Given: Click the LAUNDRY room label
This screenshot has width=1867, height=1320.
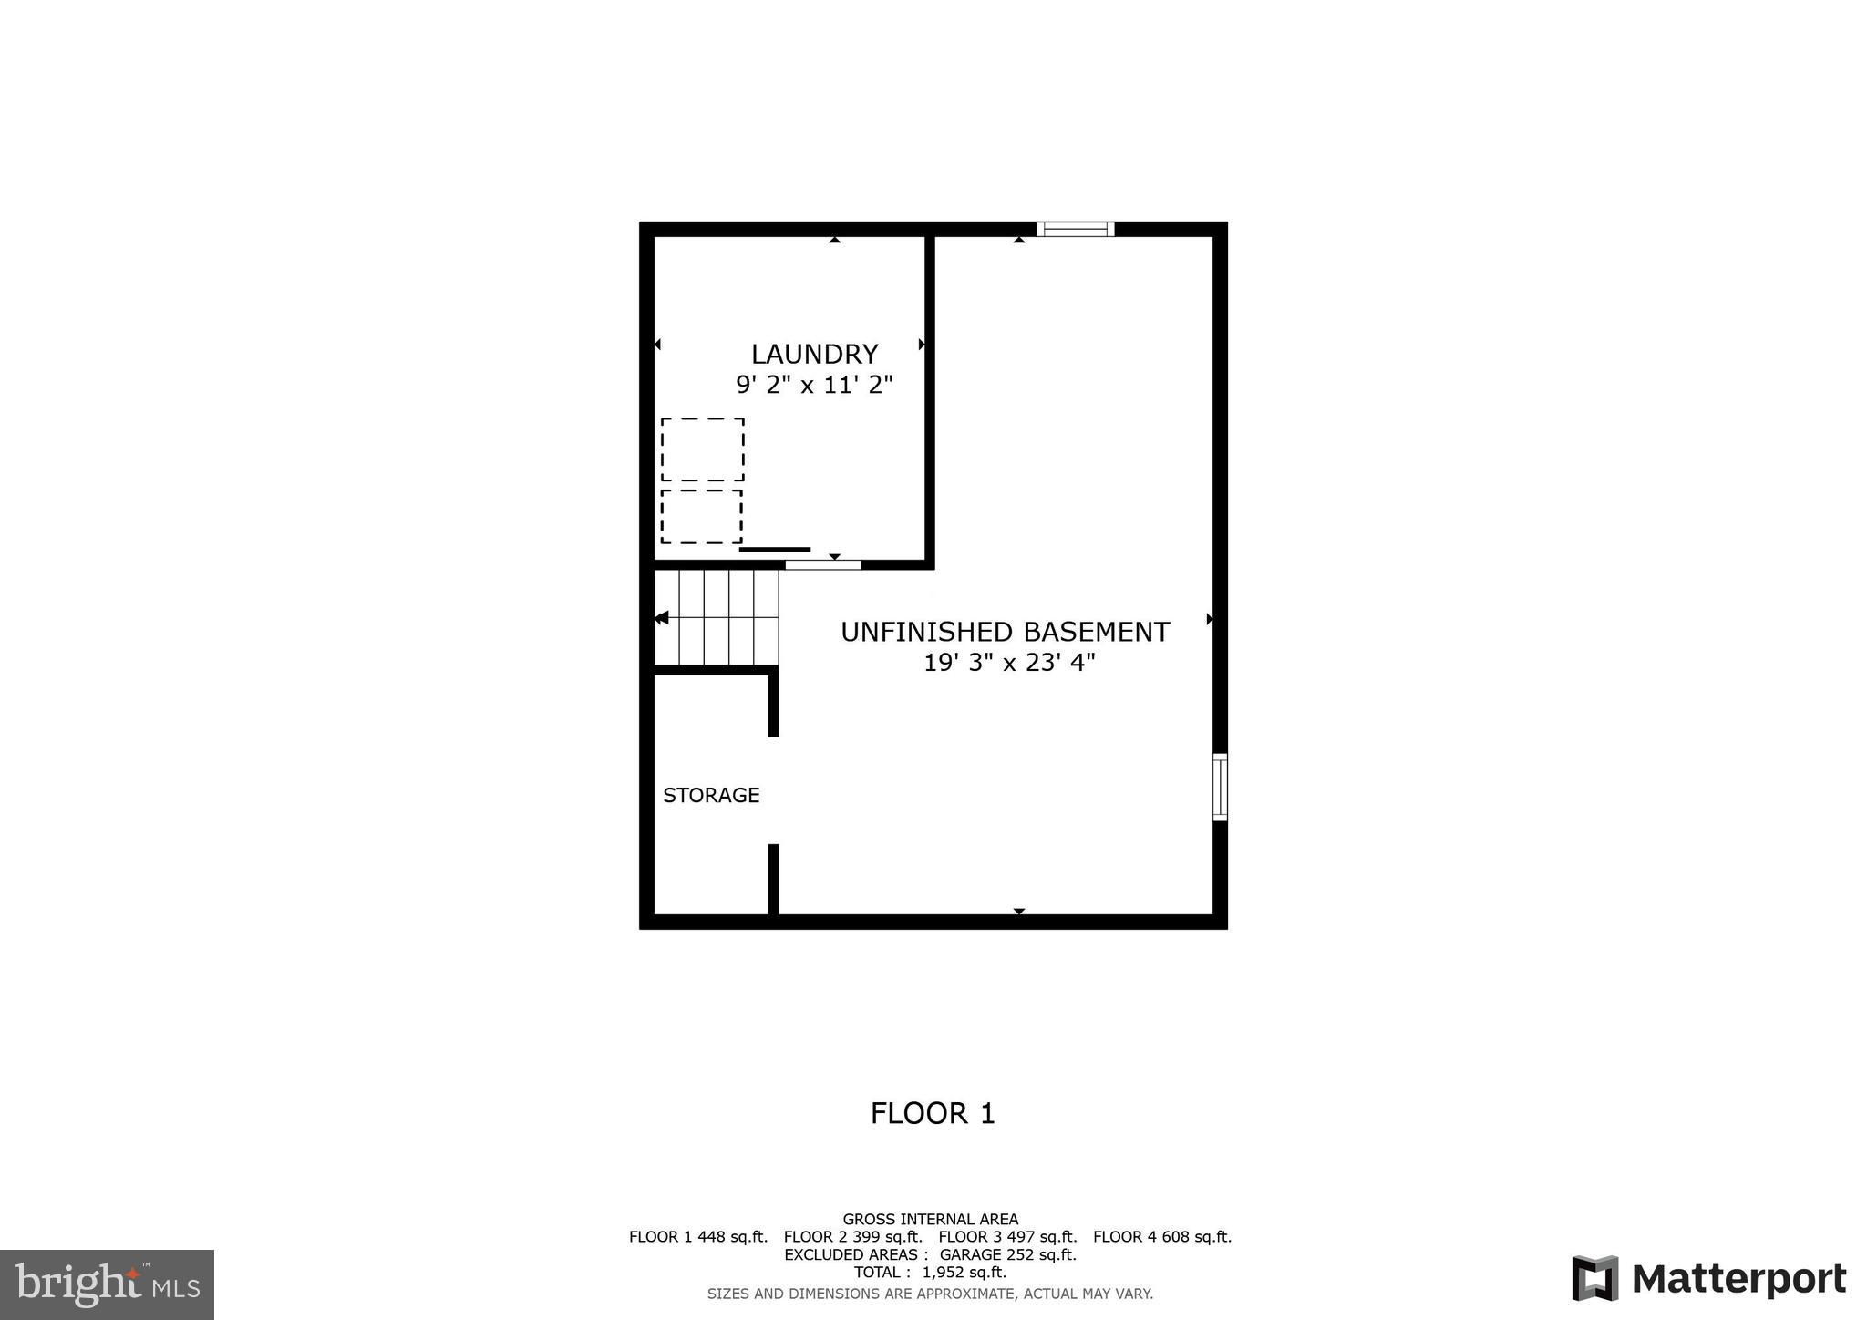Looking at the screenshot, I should [814, 354].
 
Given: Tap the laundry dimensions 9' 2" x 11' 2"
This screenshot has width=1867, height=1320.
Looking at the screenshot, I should [814, 385].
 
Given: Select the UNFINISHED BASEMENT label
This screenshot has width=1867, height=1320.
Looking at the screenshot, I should [1005, 632].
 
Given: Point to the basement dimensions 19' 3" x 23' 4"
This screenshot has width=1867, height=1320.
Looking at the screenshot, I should [1009, 663].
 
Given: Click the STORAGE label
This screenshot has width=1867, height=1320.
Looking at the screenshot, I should [711, 795].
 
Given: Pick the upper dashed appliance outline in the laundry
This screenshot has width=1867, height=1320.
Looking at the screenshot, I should [702, 449].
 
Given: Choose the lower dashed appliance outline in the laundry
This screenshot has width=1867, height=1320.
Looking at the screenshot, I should [701, 517].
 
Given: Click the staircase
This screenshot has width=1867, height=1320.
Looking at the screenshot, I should [717, 617].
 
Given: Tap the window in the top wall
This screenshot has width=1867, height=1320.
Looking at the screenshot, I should [1076, 229].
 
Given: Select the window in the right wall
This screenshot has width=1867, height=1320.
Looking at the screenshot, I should [1220, 787].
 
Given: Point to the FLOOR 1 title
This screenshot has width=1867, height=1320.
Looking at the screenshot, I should [933, 1113].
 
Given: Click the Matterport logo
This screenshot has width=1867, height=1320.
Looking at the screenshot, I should [1708, 1279].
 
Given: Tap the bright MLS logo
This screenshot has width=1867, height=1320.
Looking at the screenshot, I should [107, 1284].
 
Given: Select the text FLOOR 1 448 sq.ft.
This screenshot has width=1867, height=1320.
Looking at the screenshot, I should [698, 1237].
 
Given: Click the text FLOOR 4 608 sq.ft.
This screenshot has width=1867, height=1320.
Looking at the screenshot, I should [1162, 1237].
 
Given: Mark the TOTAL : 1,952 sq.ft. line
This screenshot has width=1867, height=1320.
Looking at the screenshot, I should [930, 1272].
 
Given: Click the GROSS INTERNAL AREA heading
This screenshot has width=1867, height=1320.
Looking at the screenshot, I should [930, 1219].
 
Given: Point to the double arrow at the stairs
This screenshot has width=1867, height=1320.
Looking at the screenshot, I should [662, 618].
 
